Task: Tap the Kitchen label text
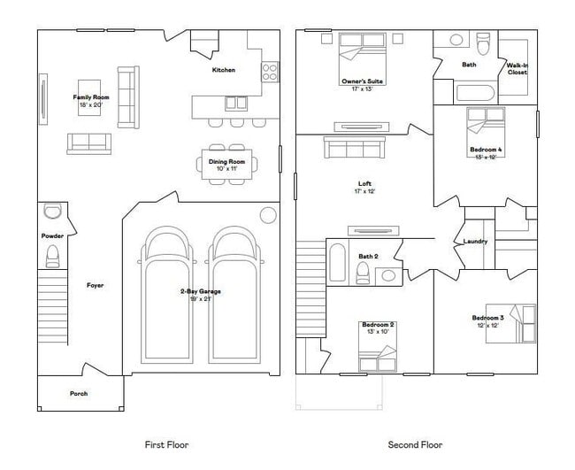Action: pyautogui.click(x=223, y=70)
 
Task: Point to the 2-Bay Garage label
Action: pyautogui.click(x=199, y=291)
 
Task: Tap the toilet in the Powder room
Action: pyautogui.click(x=51, y=257)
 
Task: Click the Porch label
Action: pyautogui.click(x=80, y=394)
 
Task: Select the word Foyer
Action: pyautogui.click(x=96, y=285)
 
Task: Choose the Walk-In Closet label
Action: pyautogui.click(x=517, y=69)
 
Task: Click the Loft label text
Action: pyautogui.click(x=364, y=184)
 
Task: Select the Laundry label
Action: pyautogui.click(x=476, y=241)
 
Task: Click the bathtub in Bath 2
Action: pyautogui.click(x=338, y=263)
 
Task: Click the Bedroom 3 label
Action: pyautogui.click(x=487, y=318)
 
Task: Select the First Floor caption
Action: pyautogui.click(x=166, y=444)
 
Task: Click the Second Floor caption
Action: pyautogui.click(x=415, y=444)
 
